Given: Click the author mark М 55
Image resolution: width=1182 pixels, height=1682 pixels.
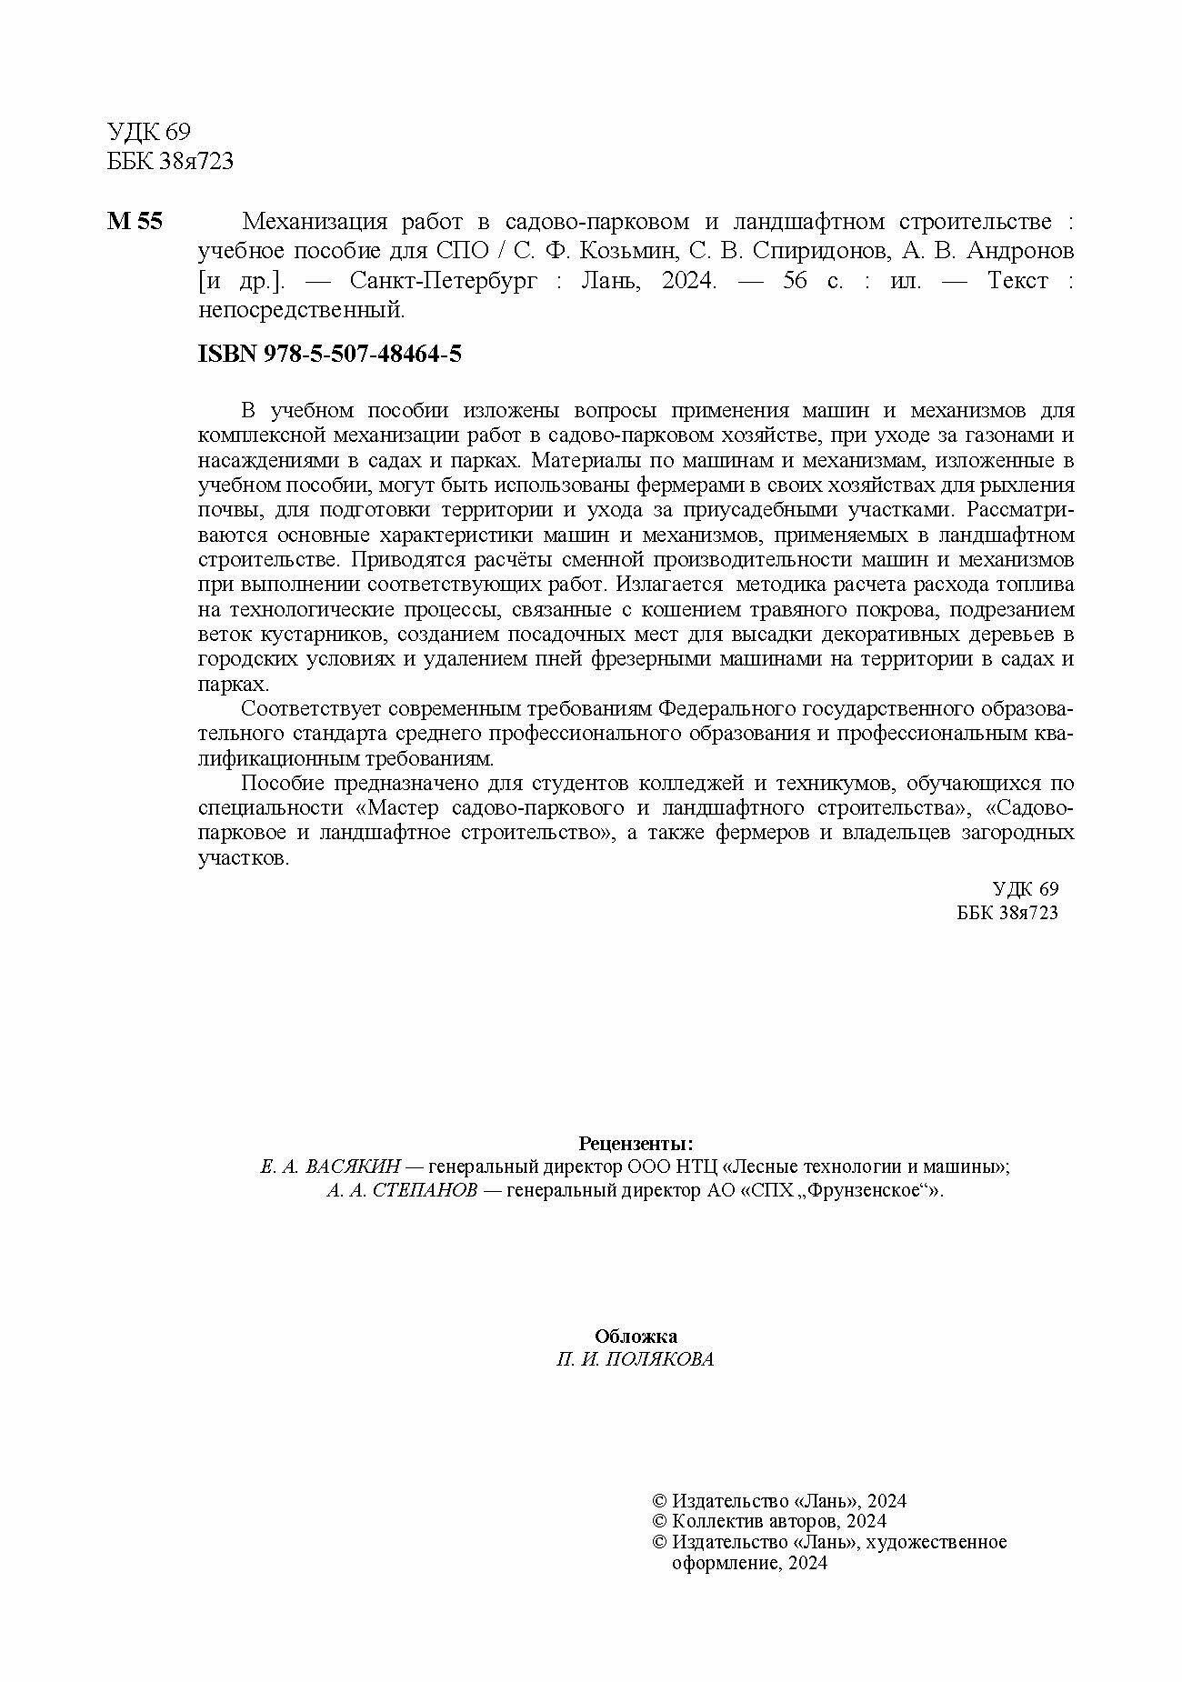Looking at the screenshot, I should coord(135,223).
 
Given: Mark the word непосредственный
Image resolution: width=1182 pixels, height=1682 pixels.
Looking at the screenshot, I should coord(299,311).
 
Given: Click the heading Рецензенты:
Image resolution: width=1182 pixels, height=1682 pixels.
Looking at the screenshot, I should coord(636,1143).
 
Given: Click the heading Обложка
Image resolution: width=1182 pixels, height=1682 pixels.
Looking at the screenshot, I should coord(636,1337).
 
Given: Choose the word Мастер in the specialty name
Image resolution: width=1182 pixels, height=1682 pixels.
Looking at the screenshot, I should coord(400,808).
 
